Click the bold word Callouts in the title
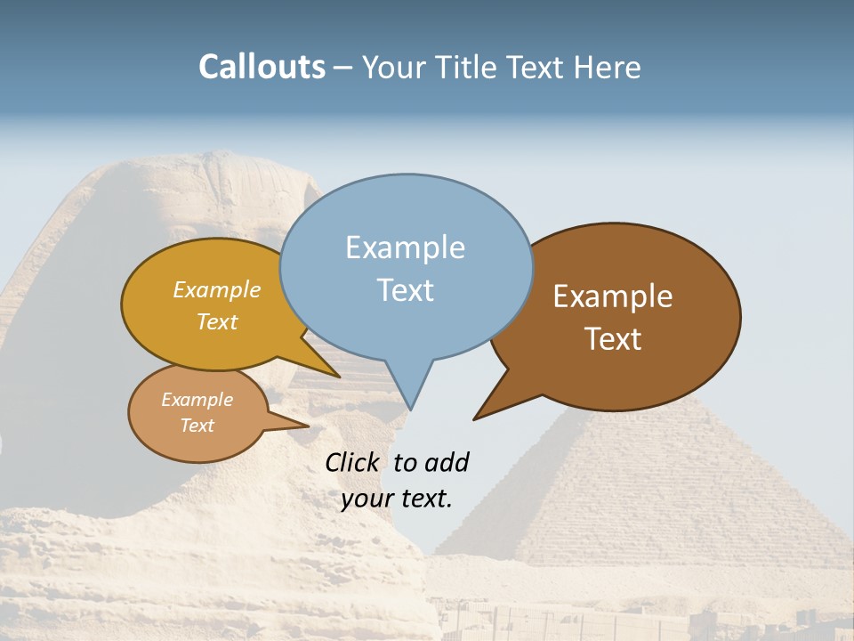[262, 67]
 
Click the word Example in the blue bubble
[405, 247]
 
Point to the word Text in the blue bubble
[406, 290]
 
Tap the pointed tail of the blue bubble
[410, 407]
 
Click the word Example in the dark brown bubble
[613, 296]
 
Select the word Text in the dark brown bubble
[614, 339]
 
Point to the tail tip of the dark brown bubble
[476, 418]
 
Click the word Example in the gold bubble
[217, 289]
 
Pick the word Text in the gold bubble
[217, 321]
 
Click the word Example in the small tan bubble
[197, 400]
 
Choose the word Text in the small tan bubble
[197, 426]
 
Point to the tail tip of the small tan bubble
[307, 426]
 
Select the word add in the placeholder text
[447, 462]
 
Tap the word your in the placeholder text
[367, 499]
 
